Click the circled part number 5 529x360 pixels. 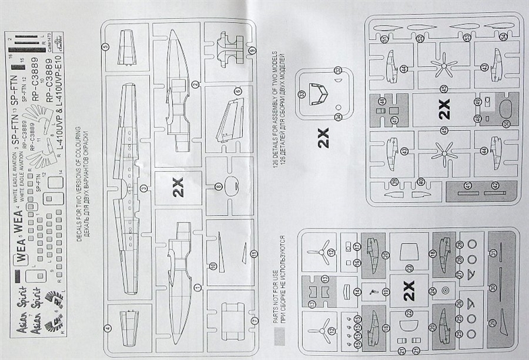coord(105,47)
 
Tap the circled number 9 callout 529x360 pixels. coord(252,50)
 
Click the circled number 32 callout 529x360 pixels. coord(337,70)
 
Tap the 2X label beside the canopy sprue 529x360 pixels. coord(323,138)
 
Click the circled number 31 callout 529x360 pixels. coord(493,253)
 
